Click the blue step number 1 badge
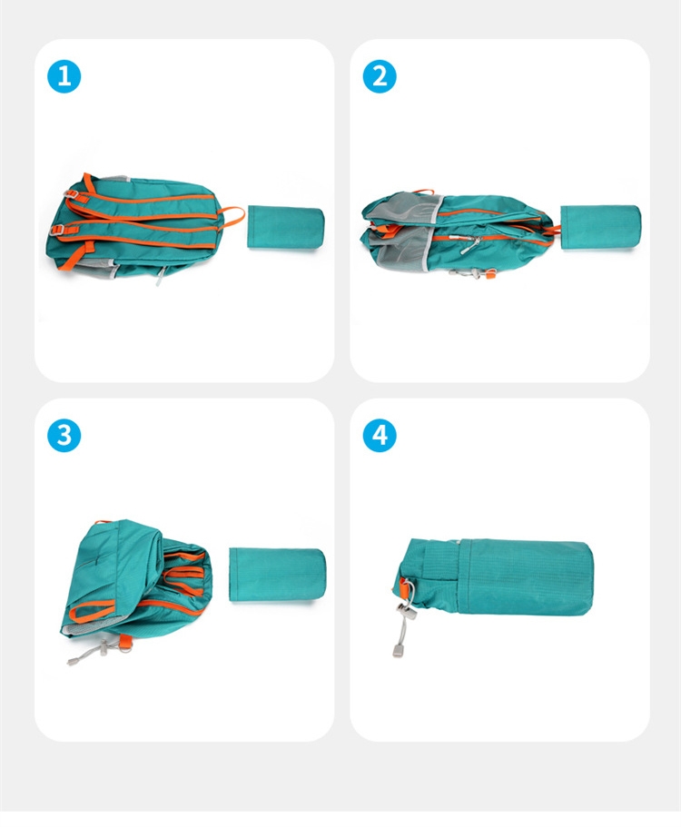pyautogui.click(x=64, y=76)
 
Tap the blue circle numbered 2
pyautogui.click(x=380, y=76)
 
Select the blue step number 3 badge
pyautogui.click(x=64, y=435)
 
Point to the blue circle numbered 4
pyautogui.click(x=380, y=435)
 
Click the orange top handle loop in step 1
pyautogui.click(x=232, y=216)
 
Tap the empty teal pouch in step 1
pyautogui.click(x=285, y=227)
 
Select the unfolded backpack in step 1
pyautogui.click(x=143, y=227)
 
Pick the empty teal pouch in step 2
pyautogui.click(x=600, y=227)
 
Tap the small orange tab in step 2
pyautogui.click(x=490, y=274)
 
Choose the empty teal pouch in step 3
pyautogui.click(x=278, y=575)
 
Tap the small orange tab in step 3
pyautogui.click(x=125, y=641)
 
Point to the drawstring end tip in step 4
pyautogui.click(x=398, y=650)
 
